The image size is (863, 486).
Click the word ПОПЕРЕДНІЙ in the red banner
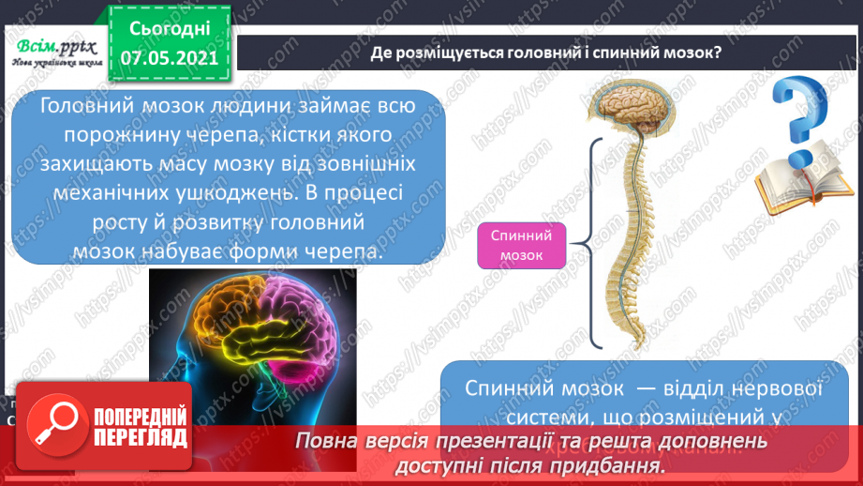[141, 417]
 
